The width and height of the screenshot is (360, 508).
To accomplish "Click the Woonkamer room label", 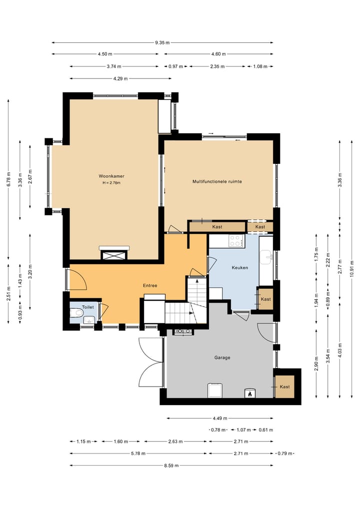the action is tap(111, 176).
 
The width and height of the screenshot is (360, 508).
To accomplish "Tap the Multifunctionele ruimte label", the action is tap(217, 182).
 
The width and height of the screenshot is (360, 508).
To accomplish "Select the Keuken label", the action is tap(240, 268).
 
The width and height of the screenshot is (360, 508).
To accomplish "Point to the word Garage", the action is tap(222, 358).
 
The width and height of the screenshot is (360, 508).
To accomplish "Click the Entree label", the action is tap(150, 285).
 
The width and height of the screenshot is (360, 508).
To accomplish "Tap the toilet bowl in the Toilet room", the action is tap(76, 313).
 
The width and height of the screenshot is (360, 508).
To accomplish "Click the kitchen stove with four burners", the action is tap(236, 241).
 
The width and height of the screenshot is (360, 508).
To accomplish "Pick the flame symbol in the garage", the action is tap(249, 394).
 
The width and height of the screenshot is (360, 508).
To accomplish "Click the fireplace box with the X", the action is tap(114, 255).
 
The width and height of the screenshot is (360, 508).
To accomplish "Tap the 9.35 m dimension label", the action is tap(162, 42).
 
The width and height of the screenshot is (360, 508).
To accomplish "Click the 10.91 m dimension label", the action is tap(352, 269).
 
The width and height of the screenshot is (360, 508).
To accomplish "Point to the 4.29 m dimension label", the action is tap(120, 78).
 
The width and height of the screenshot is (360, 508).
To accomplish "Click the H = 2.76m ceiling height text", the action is tap(111, 183).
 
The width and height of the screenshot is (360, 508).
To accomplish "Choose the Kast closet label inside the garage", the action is tap(285, 387).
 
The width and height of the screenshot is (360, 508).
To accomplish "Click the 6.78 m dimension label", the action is tap(8, 179).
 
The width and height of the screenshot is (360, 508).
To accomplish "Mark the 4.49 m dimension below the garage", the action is tap(220, 418).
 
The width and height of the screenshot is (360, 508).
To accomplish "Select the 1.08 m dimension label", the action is tap(260, 66).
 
